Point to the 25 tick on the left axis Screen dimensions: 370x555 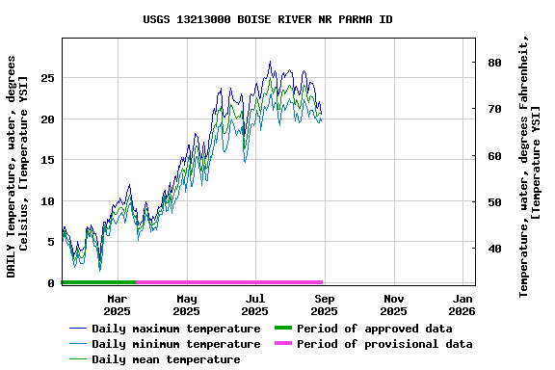(47, 78)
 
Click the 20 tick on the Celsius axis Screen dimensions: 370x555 (47, 119)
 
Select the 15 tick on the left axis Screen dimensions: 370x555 (47, 160)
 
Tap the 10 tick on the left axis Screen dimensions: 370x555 (47, 201)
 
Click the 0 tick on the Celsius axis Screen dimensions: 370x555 (51, 283)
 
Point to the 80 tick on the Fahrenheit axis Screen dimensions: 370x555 (494, 63)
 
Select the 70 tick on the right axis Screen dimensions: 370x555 (494, 109)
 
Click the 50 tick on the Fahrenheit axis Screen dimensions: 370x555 (494, 202)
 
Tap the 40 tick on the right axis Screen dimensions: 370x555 (494, 249)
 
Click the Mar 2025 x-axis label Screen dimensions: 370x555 (117, 304)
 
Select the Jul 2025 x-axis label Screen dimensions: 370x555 (255, 304)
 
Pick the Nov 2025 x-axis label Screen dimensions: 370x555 (393, 304)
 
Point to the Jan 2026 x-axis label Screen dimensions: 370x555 (462, 304)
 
